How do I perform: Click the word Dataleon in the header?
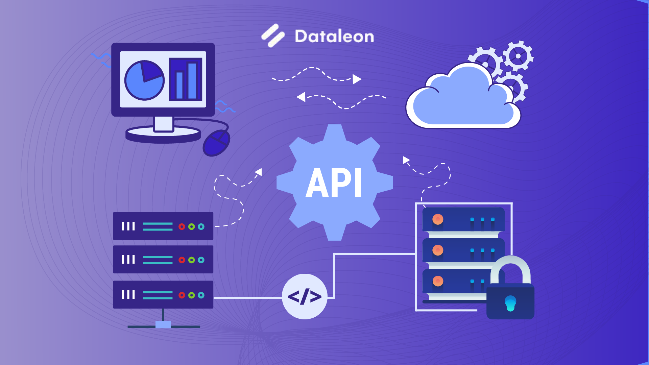pyautogui.click(x=334, y=36)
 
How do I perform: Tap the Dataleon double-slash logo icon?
pyautogui.click(x=273, y=35)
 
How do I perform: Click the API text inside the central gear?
pyautogui.click(x=334, y=183)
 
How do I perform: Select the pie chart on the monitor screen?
pyautogui.click(x=144, y=80)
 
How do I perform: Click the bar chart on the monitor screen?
pyautogui.click(x=186, y=79)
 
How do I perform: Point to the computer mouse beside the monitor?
pyautogui.click(x=217, y=143)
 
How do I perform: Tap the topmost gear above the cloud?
pyautogui.click(x=518, y=56)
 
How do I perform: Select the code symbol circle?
pyautogui.click(x=305, y=296)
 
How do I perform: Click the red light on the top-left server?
pyautogui.click(x=182, y=226)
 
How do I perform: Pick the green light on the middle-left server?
pyautogui.click(x=191, y=260)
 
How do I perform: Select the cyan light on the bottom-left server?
pyautogui.click(x=201, y=295)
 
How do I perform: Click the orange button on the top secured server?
pyautogui.click(x=438, y=219)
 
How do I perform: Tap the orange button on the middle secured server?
pyautogui.click(x=438, y=250)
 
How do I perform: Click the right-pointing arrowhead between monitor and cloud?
pyautogui.click(x=357, y=79)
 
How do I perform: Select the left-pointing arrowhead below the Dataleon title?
pyautogui.click(x=301, y=97)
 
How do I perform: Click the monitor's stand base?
pyautogui.click(x=163, y=135)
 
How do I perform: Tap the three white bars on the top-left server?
pyautogui.click(x=128, y=226)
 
